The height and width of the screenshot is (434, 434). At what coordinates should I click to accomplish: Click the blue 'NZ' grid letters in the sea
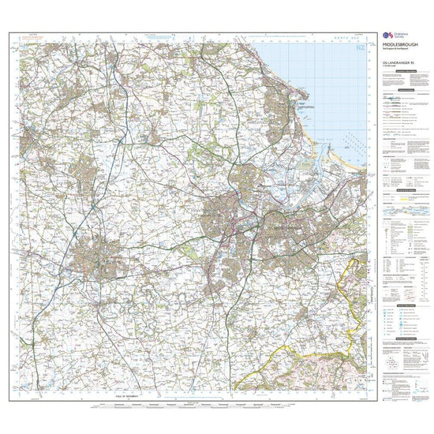pyautogui.click(x=361, y=49)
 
